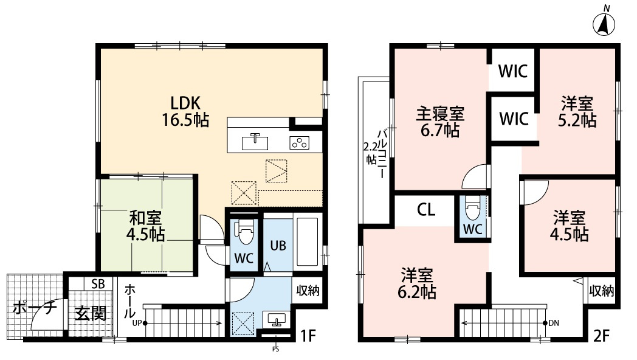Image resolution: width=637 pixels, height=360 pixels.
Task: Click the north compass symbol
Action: click(605, 23)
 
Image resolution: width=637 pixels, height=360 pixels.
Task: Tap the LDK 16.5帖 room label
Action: click(185, 111)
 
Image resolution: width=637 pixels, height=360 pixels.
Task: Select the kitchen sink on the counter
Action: click(255, 142)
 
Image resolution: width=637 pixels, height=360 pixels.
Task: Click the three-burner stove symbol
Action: click(299, 142)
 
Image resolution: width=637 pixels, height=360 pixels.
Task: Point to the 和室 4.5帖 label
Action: click(146, 226)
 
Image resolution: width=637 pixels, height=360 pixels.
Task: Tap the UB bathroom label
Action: click(278, 246)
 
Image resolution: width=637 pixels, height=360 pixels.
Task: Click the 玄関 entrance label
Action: click(91, 314)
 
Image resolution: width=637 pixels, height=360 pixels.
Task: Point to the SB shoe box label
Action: click(97, 284)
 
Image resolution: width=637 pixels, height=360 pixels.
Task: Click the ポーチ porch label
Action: click(35, 308)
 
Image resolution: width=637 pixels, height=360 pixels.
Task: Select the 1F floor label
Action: click(309, 335)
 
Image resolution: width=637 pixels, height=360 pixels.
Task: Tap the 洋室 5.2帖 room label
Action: click(577, 111)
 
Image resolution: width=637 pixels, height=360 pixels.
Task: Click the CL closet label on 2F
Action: click(425, 210)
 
